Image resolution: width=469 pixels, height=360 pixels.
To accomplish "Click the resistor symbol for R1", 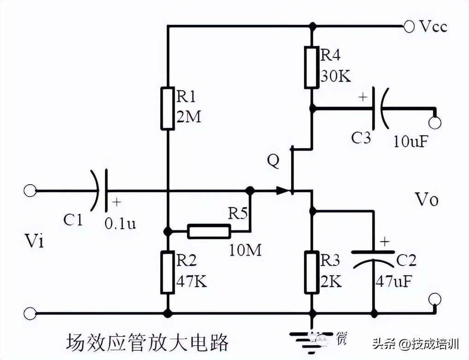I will [x=168, y=108].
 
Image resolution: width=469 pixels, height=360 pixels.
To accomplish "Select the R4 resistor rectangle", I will [x=312, y=67].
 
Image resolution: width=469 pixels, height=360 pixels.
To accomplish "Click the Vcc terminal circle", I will [x=408, y=26].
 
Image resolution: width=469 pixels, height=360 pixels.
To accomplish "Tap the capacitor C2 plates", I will [x=373, y=257].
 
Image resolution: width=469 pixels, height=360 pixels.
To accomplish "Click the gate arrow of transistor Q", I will [x=281, y=190].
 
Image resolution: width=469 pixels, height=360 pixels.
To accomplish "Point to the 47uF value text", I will [x=393, y=281].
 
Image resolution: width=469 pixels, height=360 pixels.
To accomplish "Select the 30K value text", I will [x=335, y=76].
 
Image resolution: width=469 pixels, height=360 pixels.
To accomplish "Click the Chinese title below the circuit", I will [x=147, y=343].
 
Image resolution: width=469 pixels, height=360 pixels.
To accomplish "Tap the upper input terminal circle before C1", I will [x=30, y=190].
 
